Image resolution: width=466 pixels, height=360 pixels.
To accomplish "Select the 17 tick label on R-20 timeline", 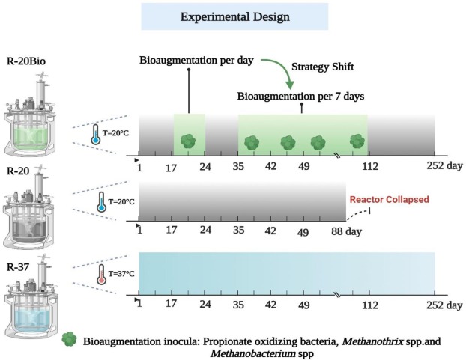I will [x=172, y=232].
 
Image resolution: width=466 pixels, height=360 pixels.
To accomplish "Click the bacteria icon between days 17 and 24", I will [x=189, y=140].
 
